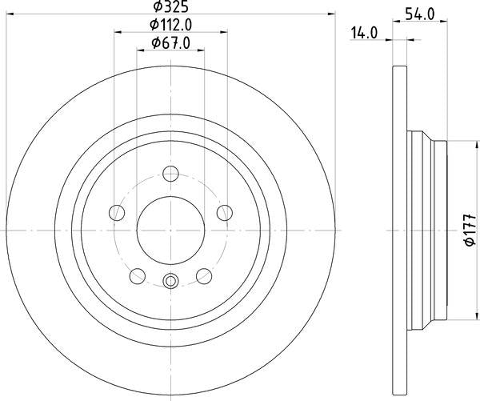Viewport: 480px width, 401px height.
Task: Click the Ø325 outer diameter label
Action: (170, 6)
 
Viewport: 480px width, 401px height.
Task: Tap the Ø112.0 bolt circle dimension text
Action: (171, 25)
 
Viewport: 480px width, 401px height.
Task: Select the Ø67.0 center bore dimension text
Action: (171, 43)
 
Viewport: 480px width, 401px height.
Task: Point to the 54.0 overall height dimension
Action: (420, 14)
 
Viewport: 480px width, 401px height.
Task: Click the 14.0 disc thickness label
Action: (364, 33)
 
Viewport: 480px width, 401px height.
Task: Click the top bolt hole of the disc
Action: (170, 174)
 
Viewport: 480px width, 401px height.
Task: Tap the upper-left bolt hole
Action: (117, 213)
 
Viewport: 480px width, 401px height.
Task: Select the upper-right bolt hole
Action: (225, 213)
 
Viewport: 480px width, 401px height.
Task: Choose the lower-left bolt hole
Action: (138, 276)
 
